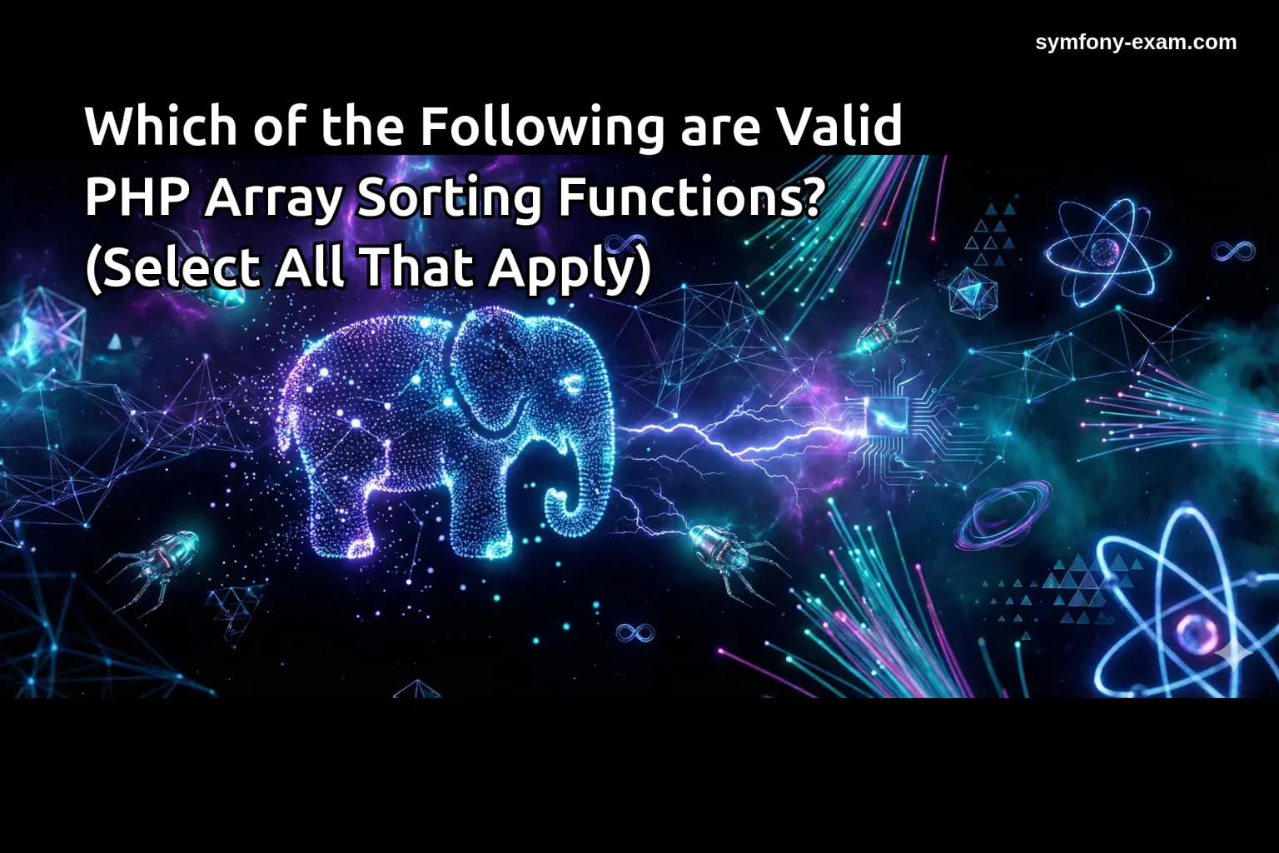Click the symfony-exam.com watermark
pyautogui.click(x=1136, y=42)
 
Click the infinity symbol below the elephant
pyautogui.click(x=635, y=633)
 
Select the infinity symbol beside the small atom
pyautogui.click(x=1233, y=250)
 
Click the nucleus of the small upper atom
pyautogui.click(x=1107, y=251)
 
